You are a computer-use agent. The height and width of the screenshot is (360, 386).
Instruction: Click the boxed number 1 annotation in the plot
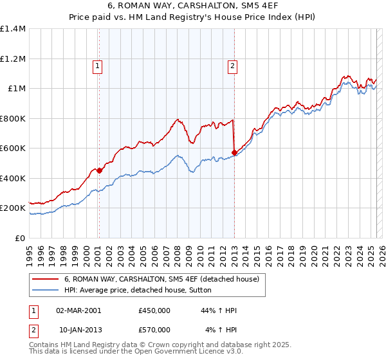click(x=97, y=65)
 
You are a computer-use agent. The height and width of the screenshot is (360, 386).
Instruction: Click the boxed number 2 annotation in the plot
click(x=232, y=65)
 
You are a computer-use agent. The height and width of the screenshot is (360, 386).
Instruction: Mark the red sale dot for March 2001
click(x=99, y=171)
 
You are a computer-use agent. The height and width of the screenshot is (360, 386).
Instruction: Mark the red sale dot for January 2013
click(x=234, y=153)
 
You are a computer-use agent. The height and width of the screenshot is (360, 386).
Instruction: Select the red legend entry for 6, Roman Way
click(x=161, y=279)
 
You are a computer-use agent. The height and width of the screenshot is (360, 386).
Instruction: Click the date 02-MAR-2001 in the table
click(x=78, y=311)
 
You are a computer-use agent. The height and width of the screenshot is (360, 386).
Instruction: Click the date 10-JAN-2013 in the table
click(x=78, y=330)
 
